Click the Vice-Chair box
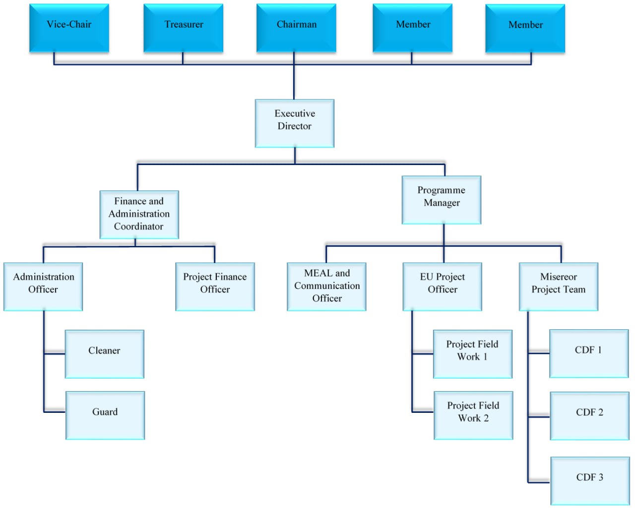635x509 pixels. (x=69, y=28)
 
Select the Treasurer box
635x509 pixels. (x=183, y=28)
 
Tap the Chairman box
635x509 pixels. (x=296, y=28)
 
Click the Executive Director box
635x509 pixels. (x=295, y=123)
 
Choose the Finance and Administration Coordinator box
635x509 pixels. (x=139, y=215)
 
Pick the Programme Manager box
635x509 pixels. (x=442, y=200)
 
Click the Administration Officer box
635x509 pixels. (x=43, y=286)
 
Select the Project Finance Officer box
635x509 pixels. (x=215, y=286)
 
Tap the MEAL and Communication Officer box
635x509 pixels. (x=326, y=286)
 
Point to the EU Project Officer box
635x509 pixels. (x=442, y=286)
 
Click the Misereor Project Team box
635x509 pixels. (x=559, y=286)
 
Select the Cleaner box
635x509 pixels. (x=105, y=354)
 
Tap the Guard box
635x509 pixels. (x=105, y=415)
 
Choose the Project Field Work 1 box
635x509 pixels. (x=473, y=354)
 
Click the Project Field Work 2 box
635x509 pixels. (x=473, y=415)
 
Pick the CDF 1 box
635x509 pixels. (x=589, y=353)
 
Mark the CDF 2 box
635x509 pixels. (x=590, y=416)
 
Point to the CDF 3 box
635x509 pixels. (x=590, y=481)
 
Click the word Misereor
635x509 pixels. (x=559, y=277)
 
